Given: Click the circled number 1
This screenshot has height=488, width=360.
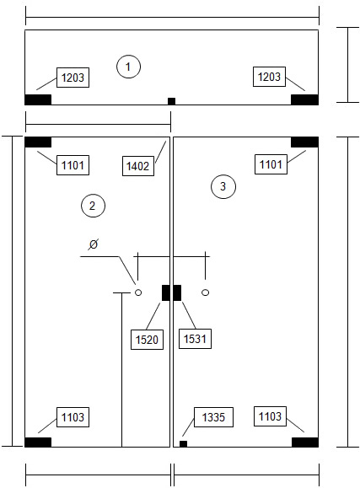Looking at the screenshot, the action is click(128, 67).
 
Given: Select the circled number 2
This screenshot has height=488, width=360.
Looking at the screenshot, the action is click(93, 206).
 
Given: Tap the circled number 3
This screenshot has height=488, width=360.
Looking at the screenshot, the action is click(223, 186).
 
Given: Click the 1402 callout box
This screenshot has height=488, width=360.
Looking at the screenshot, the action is click(138, 166).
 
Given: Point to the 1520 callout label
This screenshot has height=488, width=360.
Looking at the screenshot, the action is click(147, 339).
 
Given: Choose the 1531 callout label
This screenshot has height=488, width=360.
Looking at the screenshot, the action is click(195, 339).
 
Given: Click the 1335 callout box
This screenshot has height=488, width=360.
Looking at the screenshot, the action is click(213, 417).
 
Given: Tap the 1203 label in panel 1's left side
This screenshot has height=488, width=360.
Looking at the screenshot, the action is click(73, 78).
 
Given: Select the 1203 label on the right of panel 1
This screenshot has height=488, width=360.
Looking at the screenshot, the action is click(269, 77).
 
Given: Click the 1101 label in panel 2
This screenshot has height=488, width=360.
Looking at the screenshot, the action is click(73, 165).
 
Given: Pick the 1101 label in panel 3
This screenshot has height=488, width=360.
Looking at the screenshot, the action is click(271, 164).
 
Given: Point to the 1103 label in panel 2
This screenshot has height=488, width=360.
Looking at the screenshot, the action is click(73, 417).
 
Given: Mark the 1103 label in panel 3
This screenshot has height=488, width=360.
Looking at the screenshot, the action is click(270, 416).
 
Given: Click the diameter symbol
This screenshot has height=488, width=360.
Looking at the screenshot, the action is click(93, 244).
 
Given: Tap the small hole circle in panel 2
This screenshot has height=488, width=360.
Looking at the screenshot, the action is click(138, 292).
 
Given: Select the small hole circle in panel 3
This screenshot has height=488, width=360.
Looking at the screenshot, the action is click(205, 292).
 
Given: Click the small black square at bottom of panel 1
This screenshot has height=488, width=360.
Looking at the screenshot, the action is click(172, 101).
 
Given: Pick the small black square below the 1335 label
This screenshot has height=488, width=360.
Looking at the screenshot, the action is click(184, 444).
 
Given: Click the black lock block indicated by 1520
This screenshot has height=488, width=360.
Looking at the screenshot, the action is click(166, 292).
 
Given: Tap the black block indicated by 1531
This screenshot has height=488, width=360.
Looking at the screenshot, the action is click(177, 292).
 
